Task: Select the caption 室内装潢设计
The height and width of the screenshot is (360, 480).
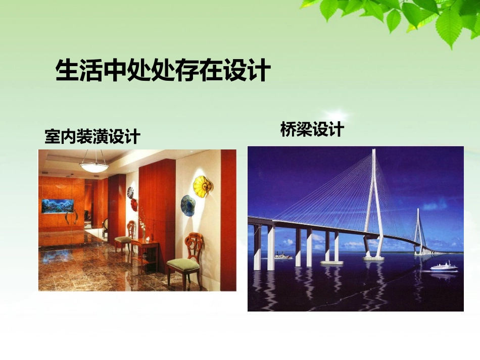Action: pos(92,136)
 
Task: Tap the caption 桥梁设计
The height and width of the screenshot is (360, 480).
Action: pos(312,129)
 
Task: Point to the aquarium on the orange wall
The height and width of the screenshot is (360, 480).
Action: pos(57,205)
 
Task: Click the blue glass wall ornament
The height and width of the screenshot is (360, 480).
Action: pos(188,205)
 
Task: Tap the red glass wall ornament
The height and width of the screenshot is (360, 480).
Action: pos(134,204)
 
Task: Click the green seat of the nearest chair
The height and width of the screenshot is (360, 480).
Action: pos(182,263)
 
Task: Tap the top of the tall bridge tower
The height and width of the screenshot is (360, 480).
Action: pos(374,152)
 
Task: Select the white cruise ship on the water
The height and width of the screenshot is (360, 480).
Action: pos(444,266)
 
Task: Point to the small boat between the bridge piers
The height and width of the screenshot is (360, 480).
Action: pos(283,256)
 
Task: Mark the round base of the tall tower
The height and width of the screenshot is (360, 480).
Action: pos(373,259)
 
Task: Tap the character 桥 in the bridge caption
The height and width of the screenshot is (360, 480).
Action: pos(288,129)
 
